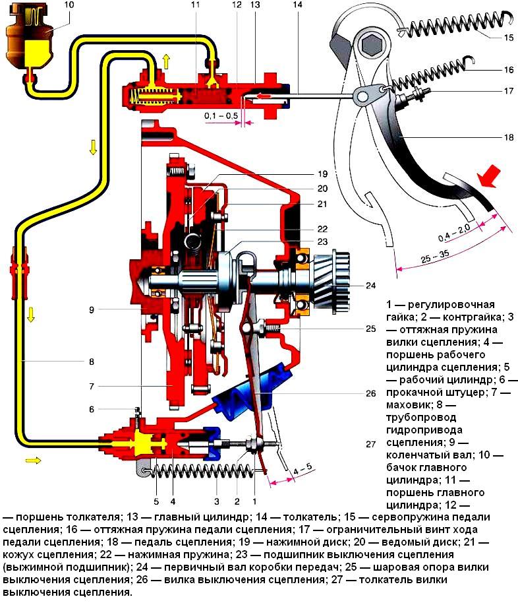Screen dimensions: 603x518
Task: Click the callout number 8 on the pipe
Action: tap(90, 362)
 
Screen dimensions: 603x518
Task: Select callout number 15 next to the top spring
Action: tap(508, 38)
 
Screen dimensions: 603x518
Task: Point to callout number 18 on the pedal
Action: tap(508, 138)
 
